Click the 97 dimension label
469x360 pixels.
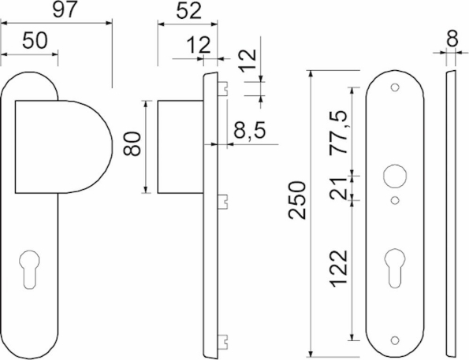point(65,9)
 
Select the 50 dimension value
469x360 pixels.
point(35,40)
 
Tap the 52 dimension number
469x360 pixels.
point(188,11)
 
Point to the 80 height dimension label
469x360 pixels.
point(132,143)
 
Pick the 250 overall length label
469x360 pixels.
point(297,200)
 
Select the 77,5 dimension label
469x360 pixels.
point(339,132)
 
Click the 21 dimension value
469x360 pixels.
point(338,189)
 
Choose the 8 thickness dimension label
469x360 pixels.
point(452,39)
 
